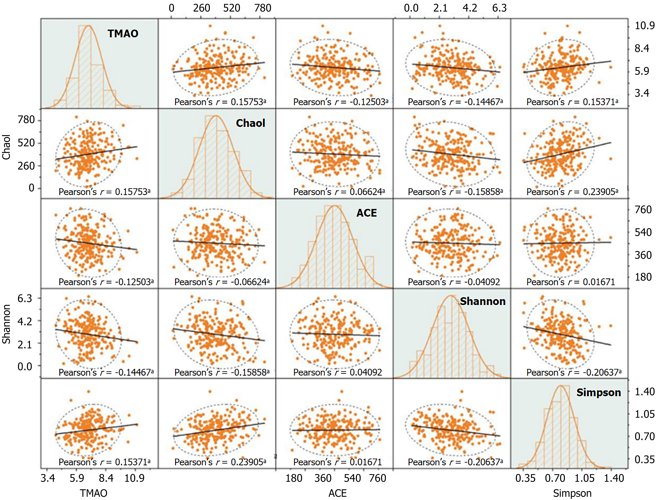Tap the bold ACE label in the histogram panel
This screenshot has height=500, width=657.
367,213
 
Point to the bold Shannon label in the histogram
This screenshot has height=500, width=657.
482,301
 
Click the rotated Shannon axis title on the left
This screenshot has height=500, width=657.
7,324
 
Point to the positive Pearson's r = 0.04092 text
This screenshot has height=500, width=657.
337,372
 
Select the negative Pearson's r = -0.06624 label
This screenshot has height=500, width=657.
222,282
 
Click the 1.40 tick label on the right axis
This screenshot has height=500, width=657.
644,391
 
